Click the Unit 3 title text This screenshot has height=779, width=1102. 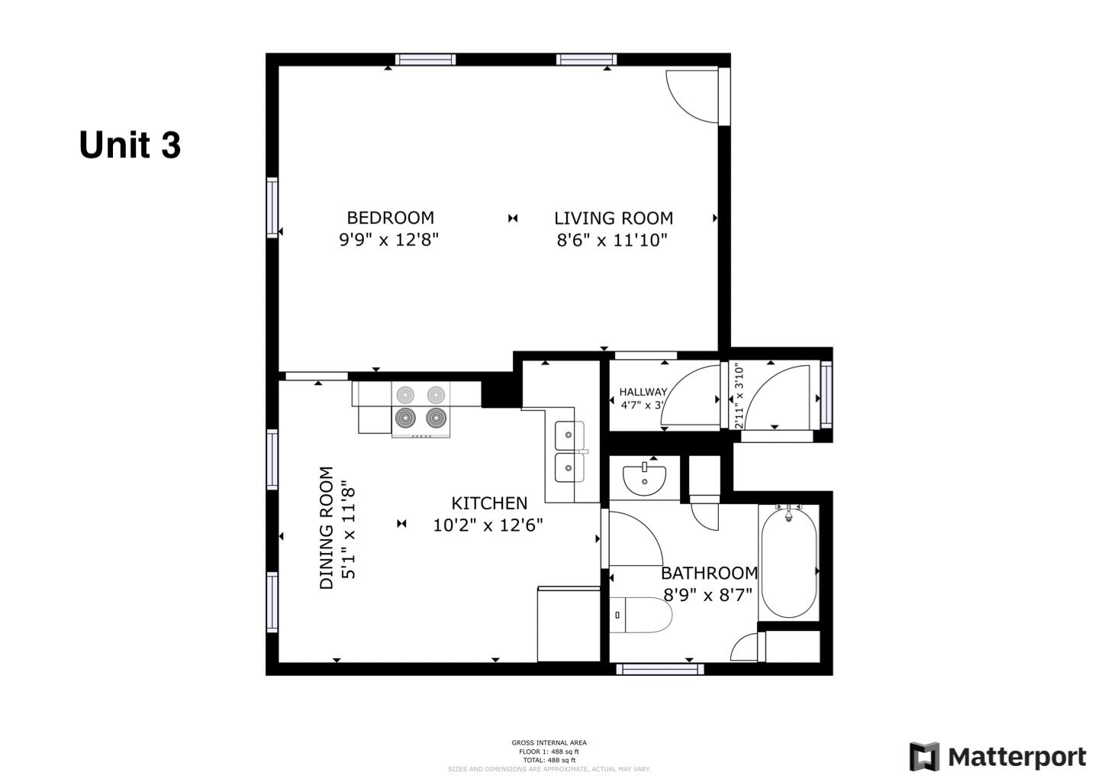pos(130,145)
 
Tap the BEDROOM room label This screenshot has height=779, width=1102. pos(390,218)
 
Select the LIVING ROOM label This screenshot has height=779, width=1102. pos(613,218)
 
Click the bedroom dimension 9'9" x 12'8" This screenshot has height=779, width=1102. pos(388,240)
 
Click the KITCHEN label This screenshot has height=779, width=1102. pos(489,503)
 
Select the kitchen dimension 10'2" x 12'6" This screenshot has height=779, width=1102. pos(488,525)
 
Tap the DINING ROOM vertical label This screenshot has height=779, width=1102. pos(327,528)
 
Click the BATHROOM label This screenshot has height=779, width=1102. pos(709,573)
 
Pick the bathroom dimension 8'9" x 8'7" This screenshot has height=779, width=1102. pos(707,594)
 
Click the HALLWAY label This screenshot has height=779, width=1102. pos(643,392)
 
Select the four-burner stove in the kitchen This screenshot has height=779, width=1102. pos(420,409)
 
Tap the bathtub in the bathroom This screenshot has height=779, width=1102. pos(788,564)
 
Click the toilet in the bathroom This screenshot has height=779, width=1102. pos(642,614)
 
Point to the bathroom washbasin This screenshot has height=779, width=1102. pos(644,478)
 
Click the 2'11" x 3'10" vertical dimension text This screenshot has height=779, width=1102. pos(738,395)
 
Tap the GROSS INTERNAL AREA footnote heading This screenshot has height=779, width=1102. pos(549,742)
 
